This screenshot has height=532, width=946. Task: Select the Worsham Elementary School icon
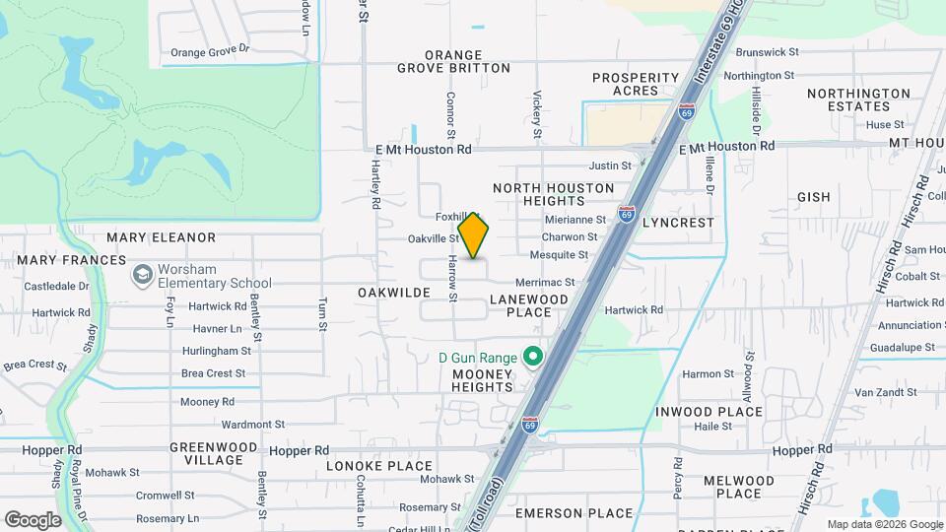point(143,274)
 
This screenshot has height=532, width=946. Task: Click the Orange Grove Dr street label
point(211,52)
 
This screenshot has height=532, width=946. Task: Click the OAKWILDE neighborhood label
point(394,293)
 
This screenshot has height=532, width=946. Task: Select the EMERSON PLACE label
point(574,513)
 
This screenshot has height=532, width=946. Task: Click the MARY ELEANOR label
point(161,237)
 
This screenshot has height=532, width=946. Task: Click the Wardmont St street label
point(253,425)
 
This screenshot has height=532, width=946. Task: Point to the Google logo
point(34,519)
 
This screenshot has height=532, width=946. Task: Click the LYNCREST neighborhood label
point(678,224)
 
